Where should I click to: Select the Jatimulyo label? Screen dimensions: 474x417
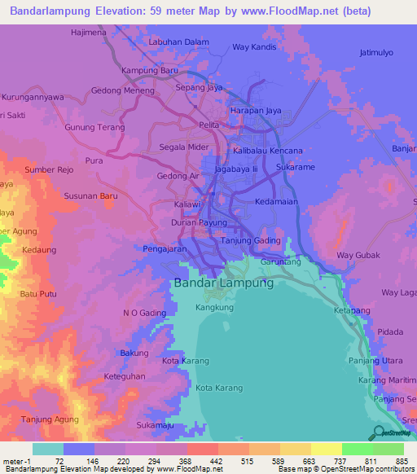point(376,53)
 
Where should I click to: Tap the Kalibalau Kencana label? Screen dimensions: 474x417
point(267,151)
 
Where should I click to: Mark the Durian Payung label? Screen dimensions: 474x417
point(199,222)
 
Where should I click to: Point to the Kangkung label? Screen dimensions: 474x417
point(214,308)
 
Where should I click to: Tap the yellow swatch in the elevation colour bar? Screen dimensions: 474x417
point(326,449)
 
